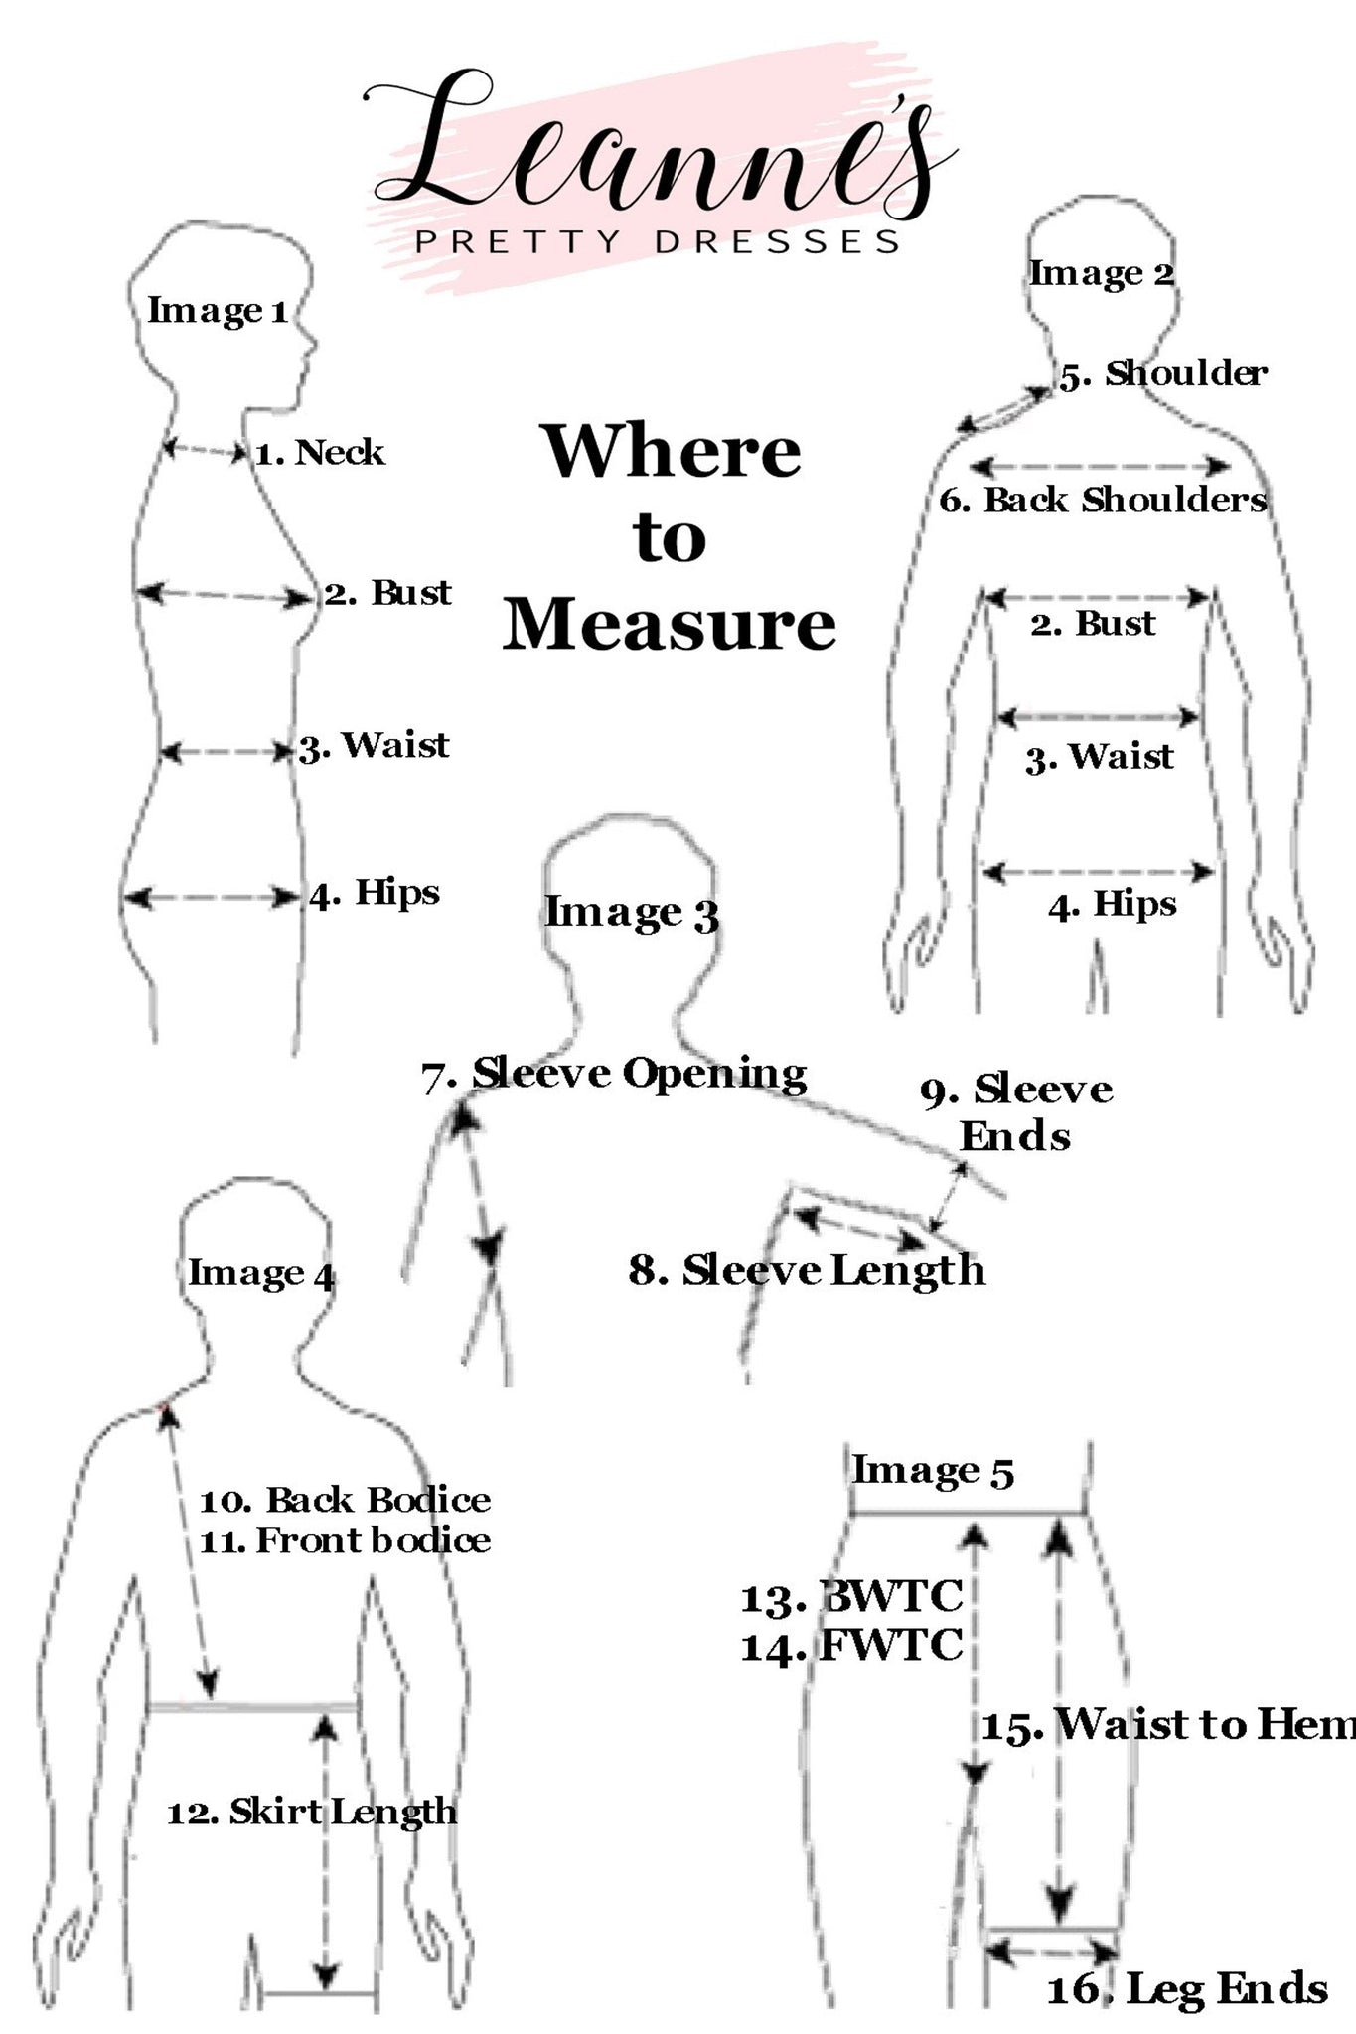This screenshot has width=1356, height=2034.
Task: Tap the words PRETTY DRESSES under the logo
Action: [x=658, y=242]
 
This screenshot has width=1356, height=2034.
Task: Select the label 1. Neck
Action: [x=320, y=453]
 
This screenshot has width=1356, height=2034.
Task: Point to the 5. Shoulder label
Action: [x=1163, y=374]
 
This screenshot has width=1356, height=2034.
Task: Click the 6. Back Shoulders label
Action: [x=1103, y=500]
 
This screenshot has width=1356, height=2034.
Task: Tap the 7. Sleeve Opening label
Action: [x=614, y=1075]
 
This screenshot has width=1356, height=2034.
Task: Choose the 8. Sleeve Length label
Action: [x=807, y=1270]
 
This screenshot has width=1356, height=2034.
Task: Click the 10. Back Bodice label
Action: [x=345, y=1500]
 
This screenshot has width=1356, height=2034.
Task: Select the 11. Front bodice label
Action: [x=345, y=1540]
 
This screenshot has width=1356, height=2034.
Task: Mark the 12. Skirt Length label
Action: [x=312, y=1812]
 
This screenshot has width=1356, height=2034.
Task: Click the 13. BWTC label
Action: [x=852, y=1597]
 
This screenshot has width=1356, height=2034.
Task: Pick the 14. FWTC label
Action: [x=852, y=1646]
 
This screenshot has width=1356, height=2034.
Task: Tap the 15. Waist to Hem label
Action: [x=1168, y=1725]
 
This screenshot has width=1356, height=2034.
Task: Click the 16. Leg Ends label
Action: [x=1187, y=1988]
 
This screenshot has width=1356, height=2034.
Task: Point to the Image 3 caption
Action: [x=632, y=913]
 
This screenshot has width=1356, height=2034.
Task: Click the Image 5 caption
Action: [x=933, y=1471]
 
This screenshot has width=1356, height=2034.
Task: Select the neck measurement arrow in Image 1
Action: [x=205, y=451]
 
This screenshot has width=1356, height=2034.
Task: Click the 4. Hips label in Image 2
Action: [x=1113, y=905]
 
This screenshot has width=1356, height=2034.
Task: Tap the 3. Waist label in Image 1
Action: [x=375, y=746]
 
